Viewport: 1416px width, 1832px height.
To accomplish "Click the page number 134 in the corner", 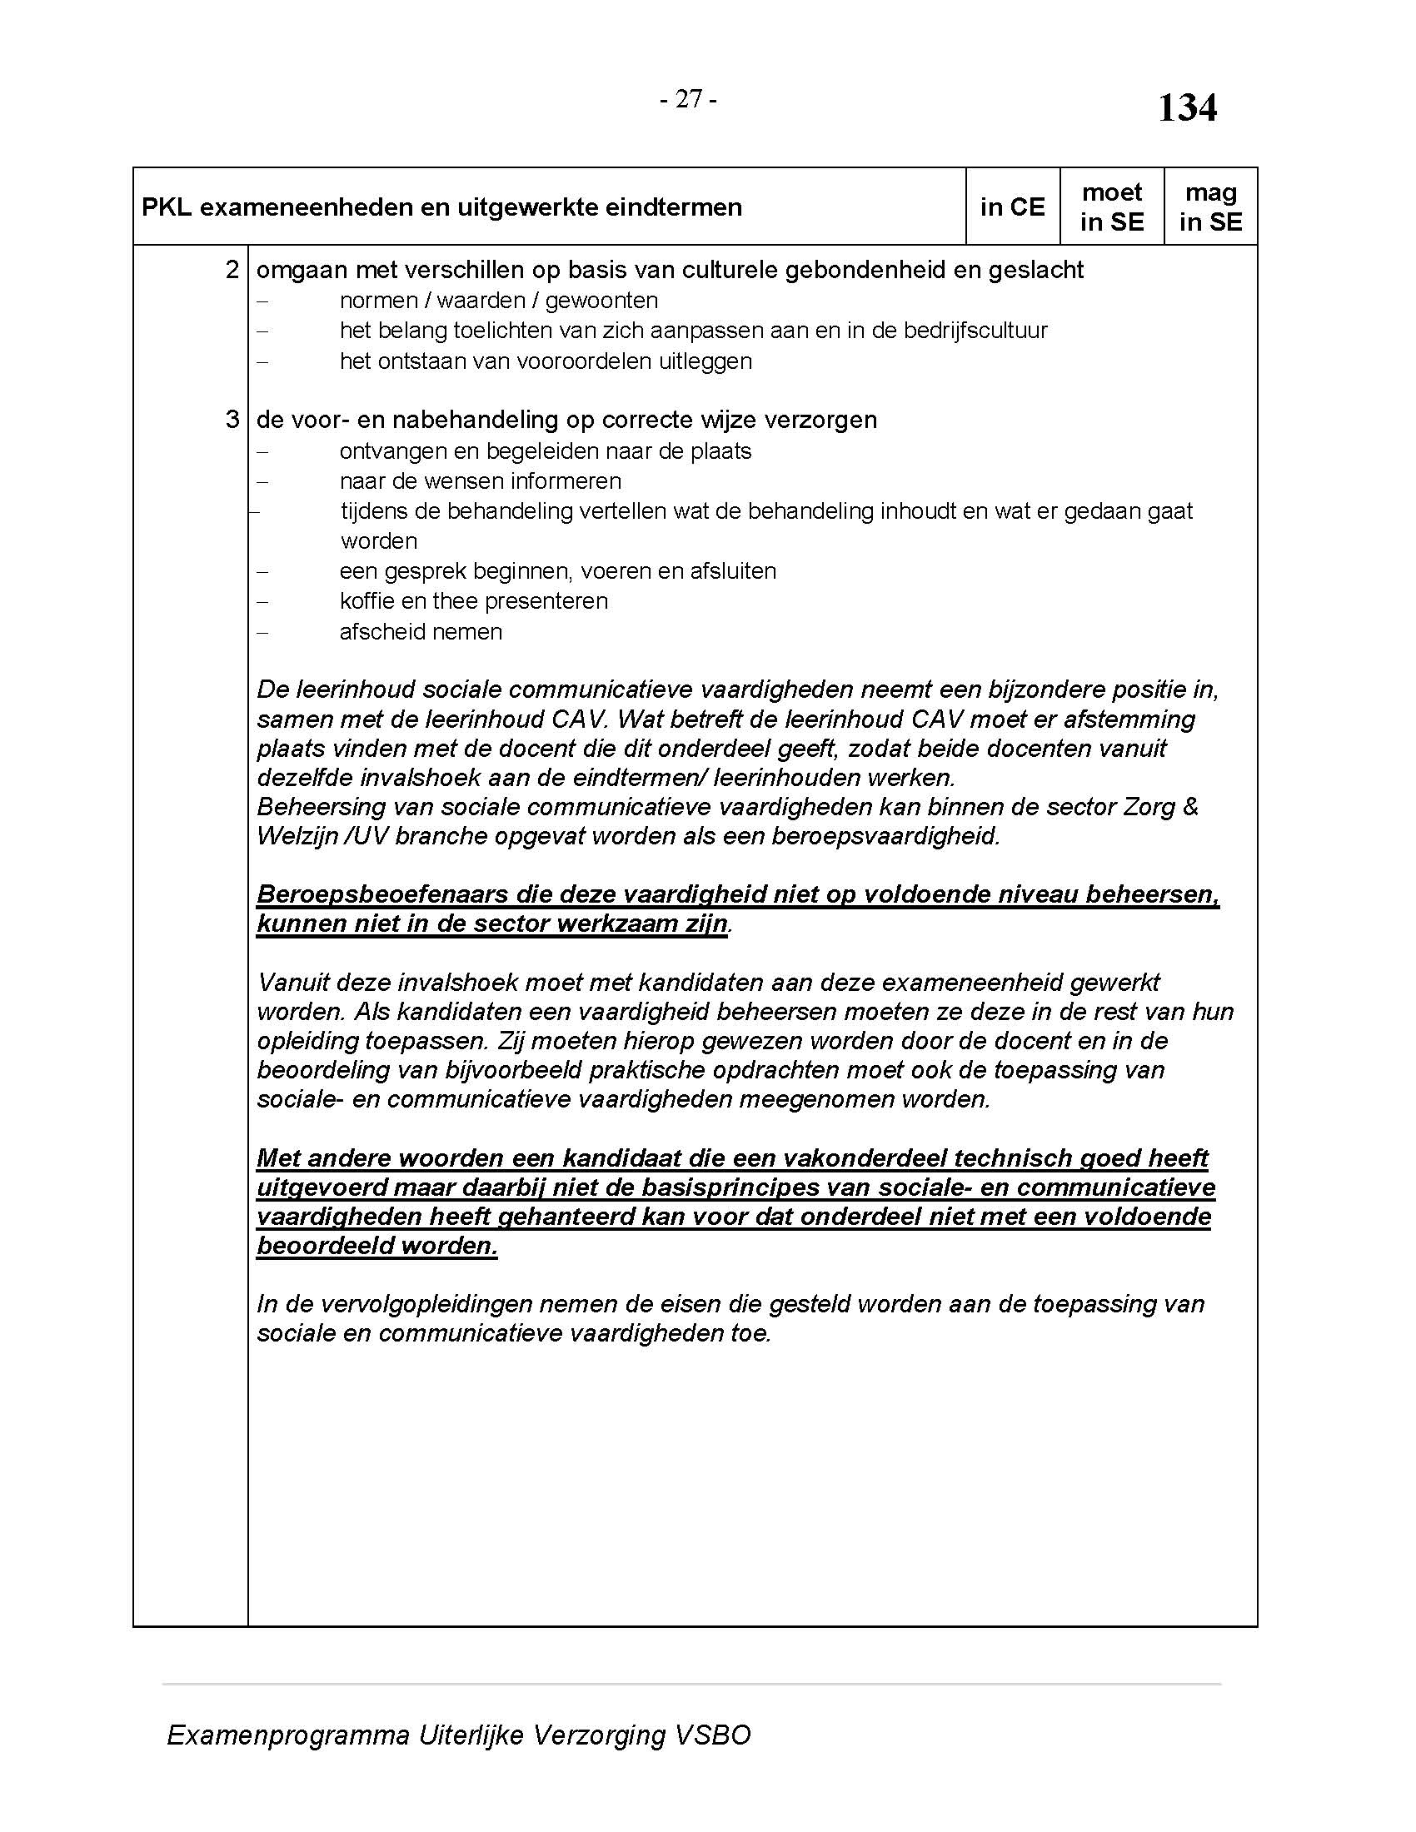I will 1187,108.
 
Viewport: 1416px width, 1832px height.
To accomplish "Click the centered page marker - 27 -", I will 688,99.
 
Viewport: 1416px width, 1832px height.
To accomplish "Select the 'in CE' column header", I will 1013,207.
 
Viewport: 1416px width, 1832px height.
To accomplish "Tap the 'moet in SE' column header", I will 1111,207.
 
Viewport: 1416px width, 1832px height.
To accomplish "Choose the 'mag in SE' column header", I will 1210,207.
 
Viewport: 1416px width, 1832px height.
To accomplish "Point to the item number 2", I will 232,270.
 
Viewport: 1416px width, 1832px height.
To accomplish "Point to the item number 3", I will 232,420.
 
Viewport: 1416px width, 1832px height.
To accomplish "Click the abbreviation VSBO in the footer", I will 712,1735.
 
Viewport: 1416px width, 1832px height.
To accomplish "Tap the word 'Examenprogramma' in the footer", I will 287,1735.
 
